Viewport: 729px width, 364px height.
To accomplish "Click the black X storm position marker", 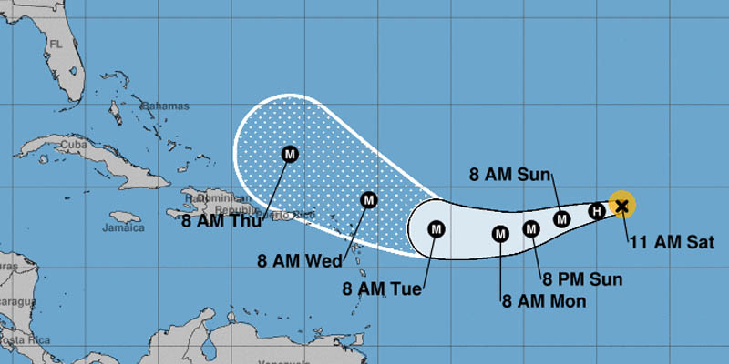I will click(621, 206).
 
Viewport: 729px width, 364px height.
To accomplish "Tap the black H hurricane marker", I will click(597, 211).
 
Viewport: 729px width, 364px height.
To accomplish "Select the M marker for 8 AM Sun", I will click(562, 218).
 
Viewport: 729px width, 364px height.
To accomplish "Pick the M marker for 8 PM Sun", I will click(531, 228).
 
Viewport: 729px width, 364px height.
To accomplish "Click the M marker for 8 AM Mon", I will click(500, 234).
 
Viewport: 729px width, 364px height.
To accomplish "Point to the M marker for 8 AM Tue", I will click(436, 228).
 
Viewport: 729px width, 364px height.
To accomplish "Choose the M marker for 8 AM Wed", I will click(369, 199).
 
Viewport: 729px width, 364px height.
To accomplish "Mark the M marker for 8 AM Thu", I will click(291, 153).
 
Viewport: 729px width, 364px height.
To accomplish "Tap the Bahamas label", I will click(139, 105).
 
